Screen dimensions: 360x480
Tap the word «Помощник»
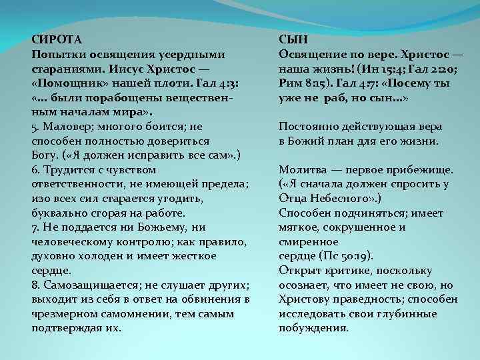tap(69, 83)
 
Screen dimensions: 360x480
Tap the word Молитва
tap(300, 169)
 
